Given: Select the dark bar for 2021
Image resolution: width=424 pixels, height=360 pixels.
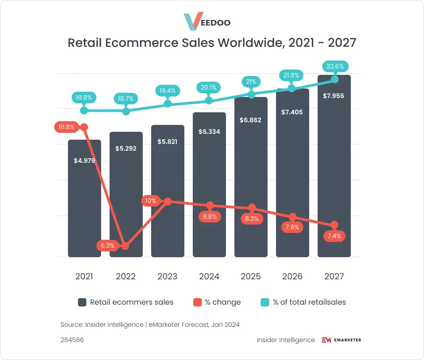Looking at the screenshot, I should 84,211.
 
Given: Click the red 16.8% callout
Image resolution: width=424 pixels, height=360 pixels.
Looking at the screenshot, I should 66,127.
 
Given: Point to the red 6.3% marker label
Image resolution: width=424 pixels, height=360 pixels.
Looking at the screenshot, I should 108,246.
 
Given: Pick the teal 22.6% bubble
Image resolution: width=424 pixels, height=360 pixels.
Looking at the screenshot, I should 336,67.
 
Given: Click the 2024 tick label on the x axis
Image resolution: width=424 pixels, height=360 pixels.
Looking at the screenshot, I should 209,276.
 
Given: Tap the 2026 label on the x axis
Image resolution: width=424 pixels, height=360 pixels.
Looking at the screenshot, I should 292,276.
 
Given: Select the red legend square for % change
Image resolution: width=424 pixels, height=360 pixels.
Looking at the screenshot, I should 197,302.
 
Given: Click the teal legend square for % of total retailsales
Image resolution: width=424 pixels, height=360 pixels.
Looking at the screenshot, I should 265,302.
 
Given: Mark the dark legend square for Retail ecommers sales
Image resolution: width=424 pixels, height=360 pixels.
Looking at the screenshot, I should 82,302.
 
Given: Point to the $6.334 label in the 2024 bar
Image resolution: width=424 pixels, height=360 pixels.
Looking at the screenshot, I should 209,132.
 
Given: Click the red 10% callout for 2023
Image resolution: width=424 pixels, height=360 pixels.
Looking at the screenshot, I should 151,201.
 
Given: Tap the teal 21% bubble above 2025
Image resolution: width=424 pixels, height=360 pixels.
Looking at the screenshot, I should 251,82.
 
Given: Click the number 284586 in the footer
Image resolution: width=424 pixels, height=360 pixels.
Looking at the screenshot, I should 72,340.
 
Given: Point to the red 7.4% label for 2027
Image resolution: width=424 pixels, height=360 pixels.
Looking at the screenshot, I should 334,236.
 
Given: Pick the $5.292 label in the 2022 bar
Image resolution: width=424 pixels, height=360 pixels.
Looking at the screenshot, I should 126,149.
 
